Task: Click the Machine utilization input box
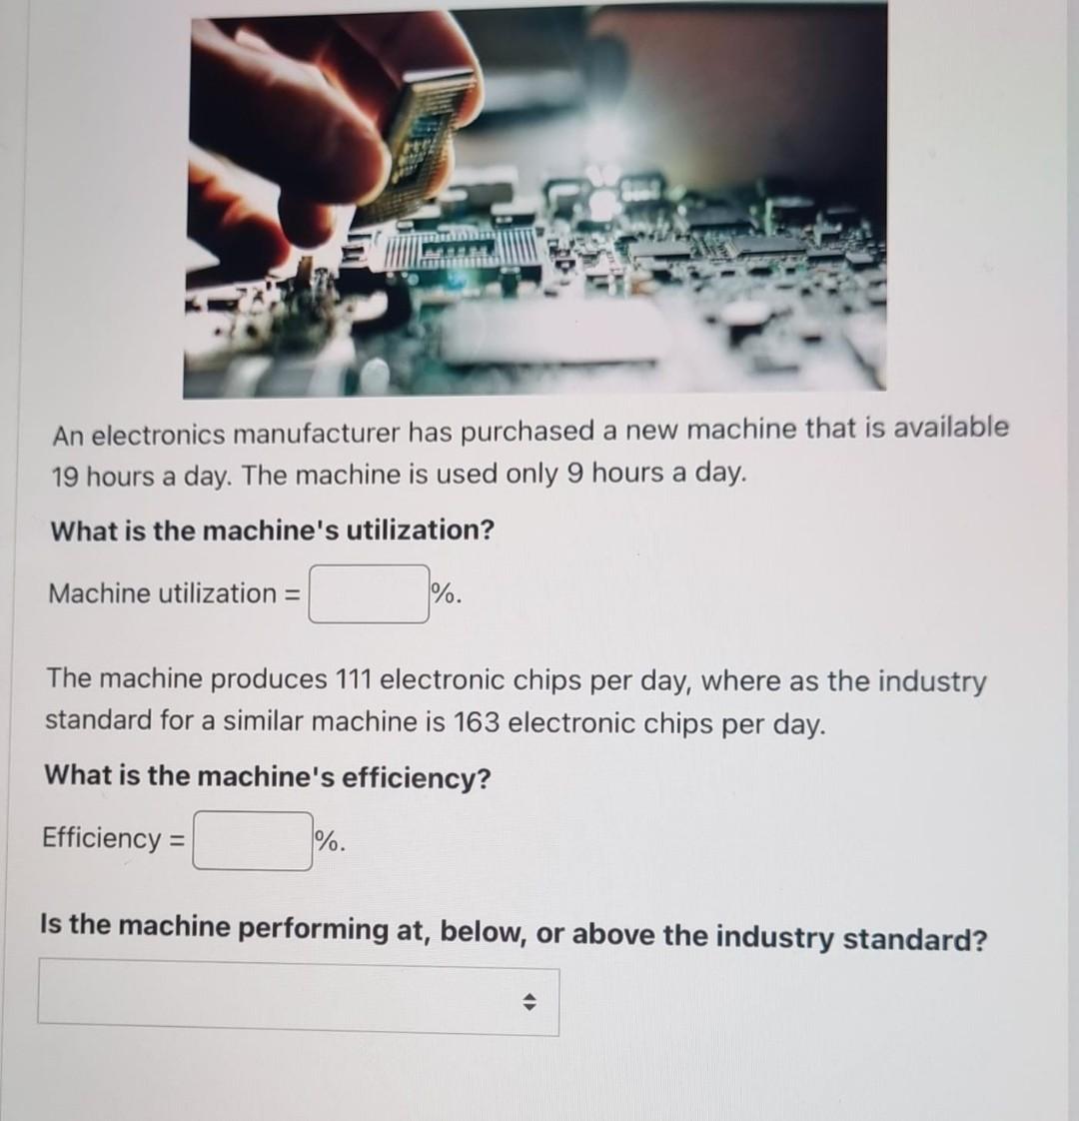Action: coord(369,594)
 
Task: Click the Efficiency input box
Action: coord(253,840)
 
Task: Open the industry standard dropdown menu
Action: coord(298,998)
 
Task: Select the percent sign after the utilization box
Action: coord(445,594)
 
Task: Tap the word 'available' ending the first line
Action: coord(950,428)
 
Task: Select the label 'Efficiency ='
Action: coord(113,838)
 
